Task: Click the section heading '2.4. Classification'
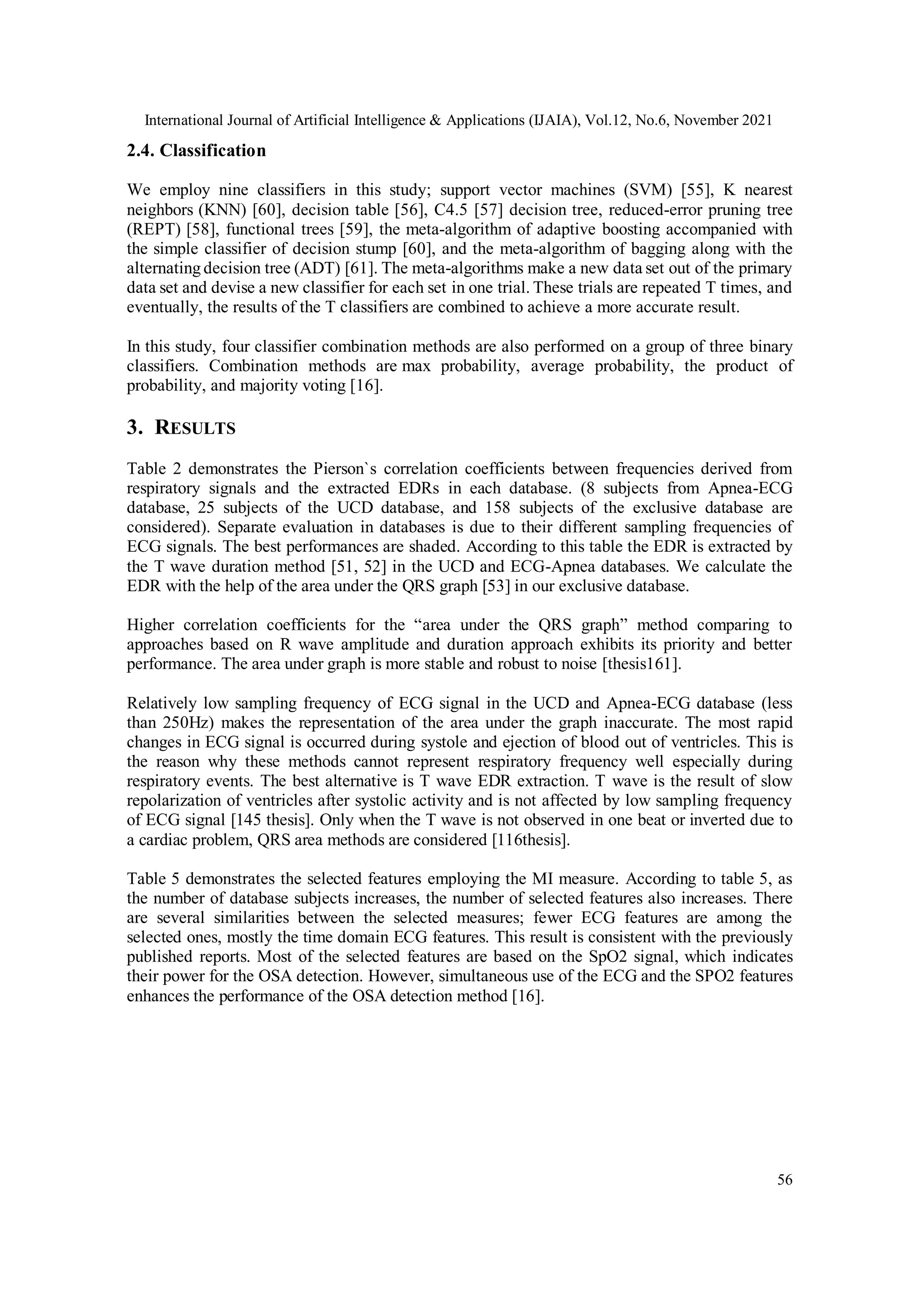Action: click(x=196, y=151)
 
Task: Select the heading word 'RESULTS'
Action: click(x=195, y=428)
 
